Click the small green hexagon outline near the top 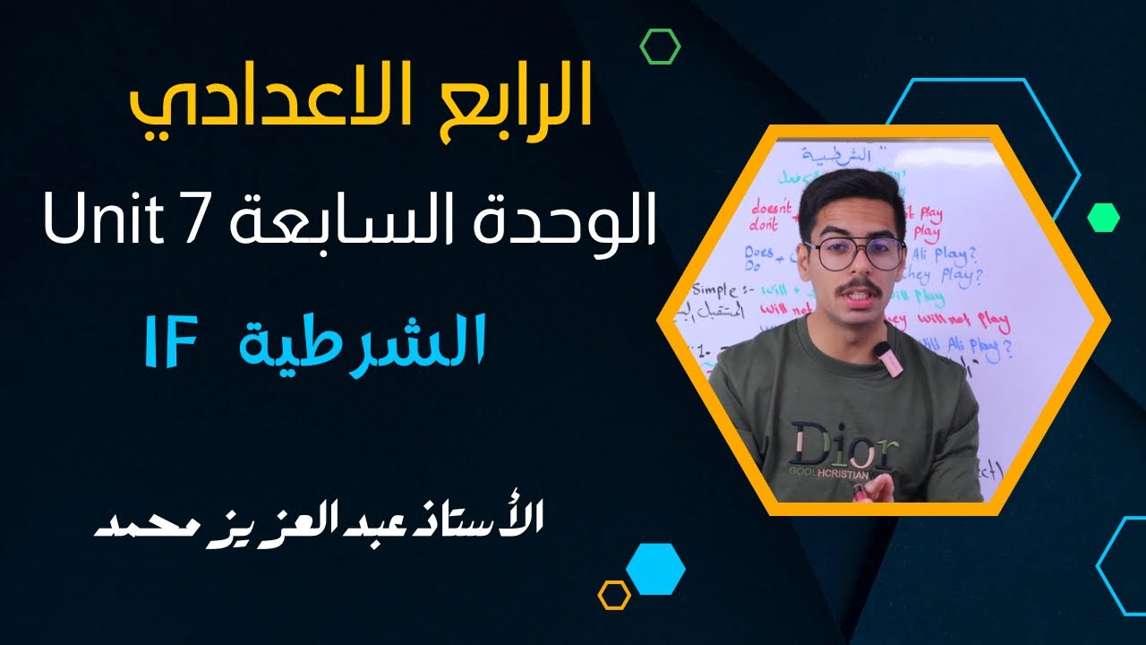click(x=661, y=46)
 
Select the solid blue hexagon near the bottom click(x=655, y=568)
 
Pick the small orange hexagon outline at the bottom click(x=614, y=595)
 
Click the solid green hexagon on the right click(x=1103, y=217)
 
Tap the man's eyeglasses click(x=855, y=254)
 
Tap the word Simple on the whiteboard click(x=716, y=291)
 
